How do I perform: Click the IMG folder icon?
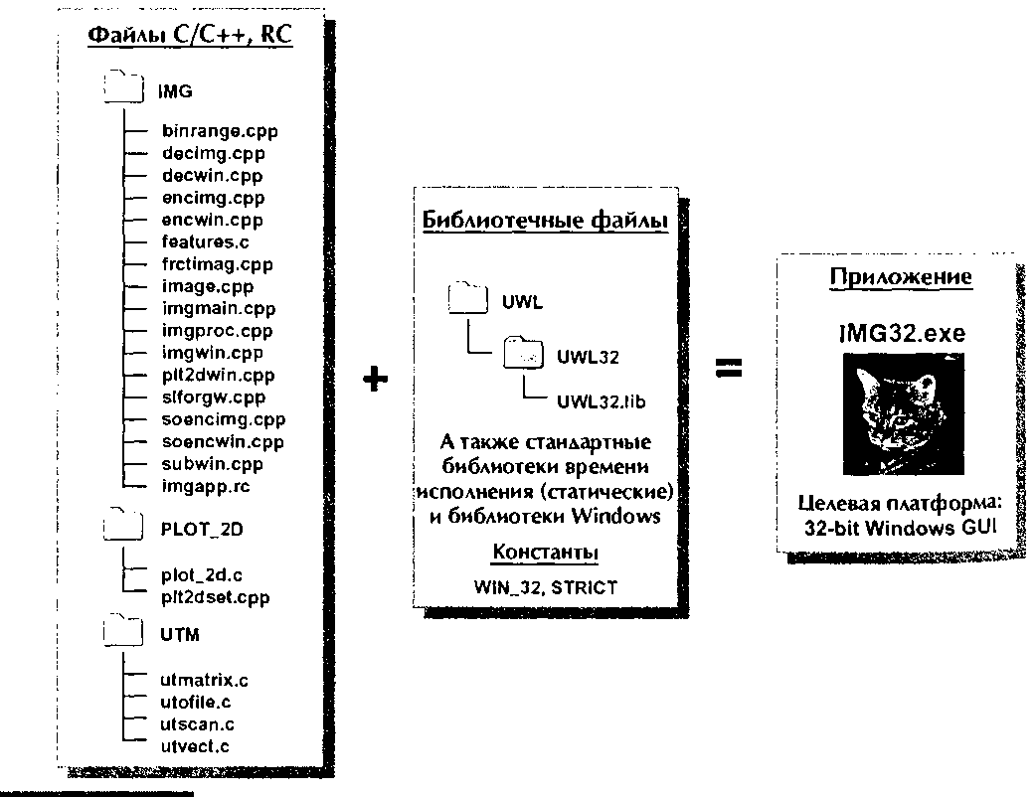pos(123,85)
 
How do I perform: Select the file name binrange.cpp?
pos(220,131)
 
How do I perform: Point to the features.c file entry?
pos(206,241)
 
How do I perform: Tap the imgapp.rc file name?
pos(206,486)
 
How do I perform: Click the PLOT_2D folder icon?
pos(123,525)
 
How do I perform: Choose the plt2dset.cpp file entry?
pos(216,597)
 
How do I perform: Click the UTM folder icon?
pos(123,629)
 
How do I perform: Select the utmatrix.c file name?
pos(204,680)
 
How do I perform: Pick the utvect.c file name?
pos(194,747)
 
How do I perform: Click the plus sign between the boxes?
pos(375,379)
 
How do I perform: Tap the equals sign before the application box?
pos(729,368)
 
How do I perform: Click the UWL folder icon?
pos(467,298)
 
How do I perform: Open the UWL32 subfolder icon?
pos(523,352)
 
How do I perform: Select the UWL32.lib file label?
pos(601,401)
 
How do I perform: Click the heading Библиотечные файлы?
pos(545,221)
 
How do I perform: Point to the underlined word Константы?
pos(546,552)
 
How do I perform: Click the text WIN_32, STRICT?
pos(546,587)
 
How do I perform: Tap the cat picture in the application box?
pos(903,414)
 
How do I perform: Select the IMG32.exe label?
pos(902,333)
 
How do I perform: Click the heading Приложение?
pos(901,276)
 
